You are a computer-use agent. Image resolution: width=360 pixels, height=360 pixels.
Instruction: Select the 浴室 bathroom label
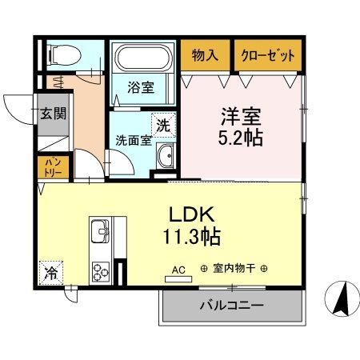coord(142,88)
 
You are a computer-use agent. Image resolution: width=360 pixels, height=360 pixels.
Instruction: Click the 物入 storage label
coord(205,56)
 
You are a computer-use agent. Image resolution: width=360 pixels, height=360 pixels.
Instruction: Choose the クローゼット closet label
coord(268,56)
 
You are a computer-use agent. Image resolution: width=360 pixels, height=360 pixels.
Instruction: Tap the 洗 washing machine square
coord(163,125)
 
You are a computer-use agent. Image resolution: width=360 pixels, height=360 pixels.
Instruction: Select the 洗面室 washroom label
coord(134,140)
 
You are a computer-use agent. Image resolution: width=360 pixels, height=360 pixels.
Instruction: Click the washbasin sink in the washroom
coord(166,157)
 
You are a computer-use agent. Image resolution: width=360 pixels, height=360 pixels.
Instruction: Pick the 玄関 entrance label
coord(54,114)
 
